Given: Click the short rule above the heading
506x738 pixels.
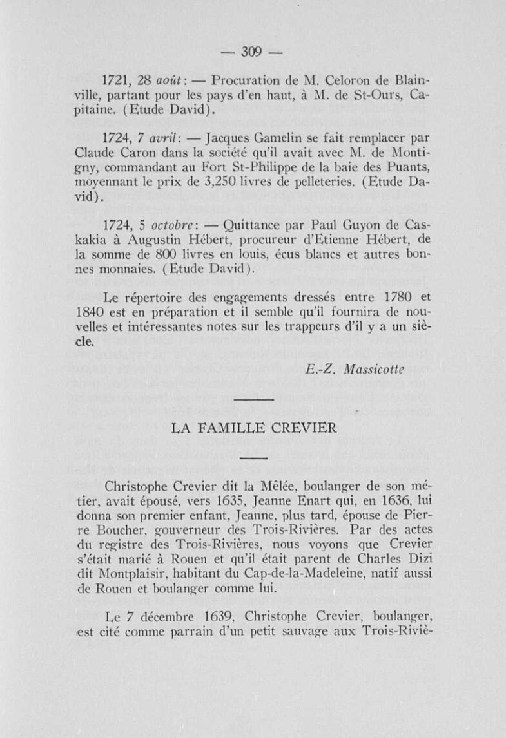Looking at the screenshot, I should pos(253,401).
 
